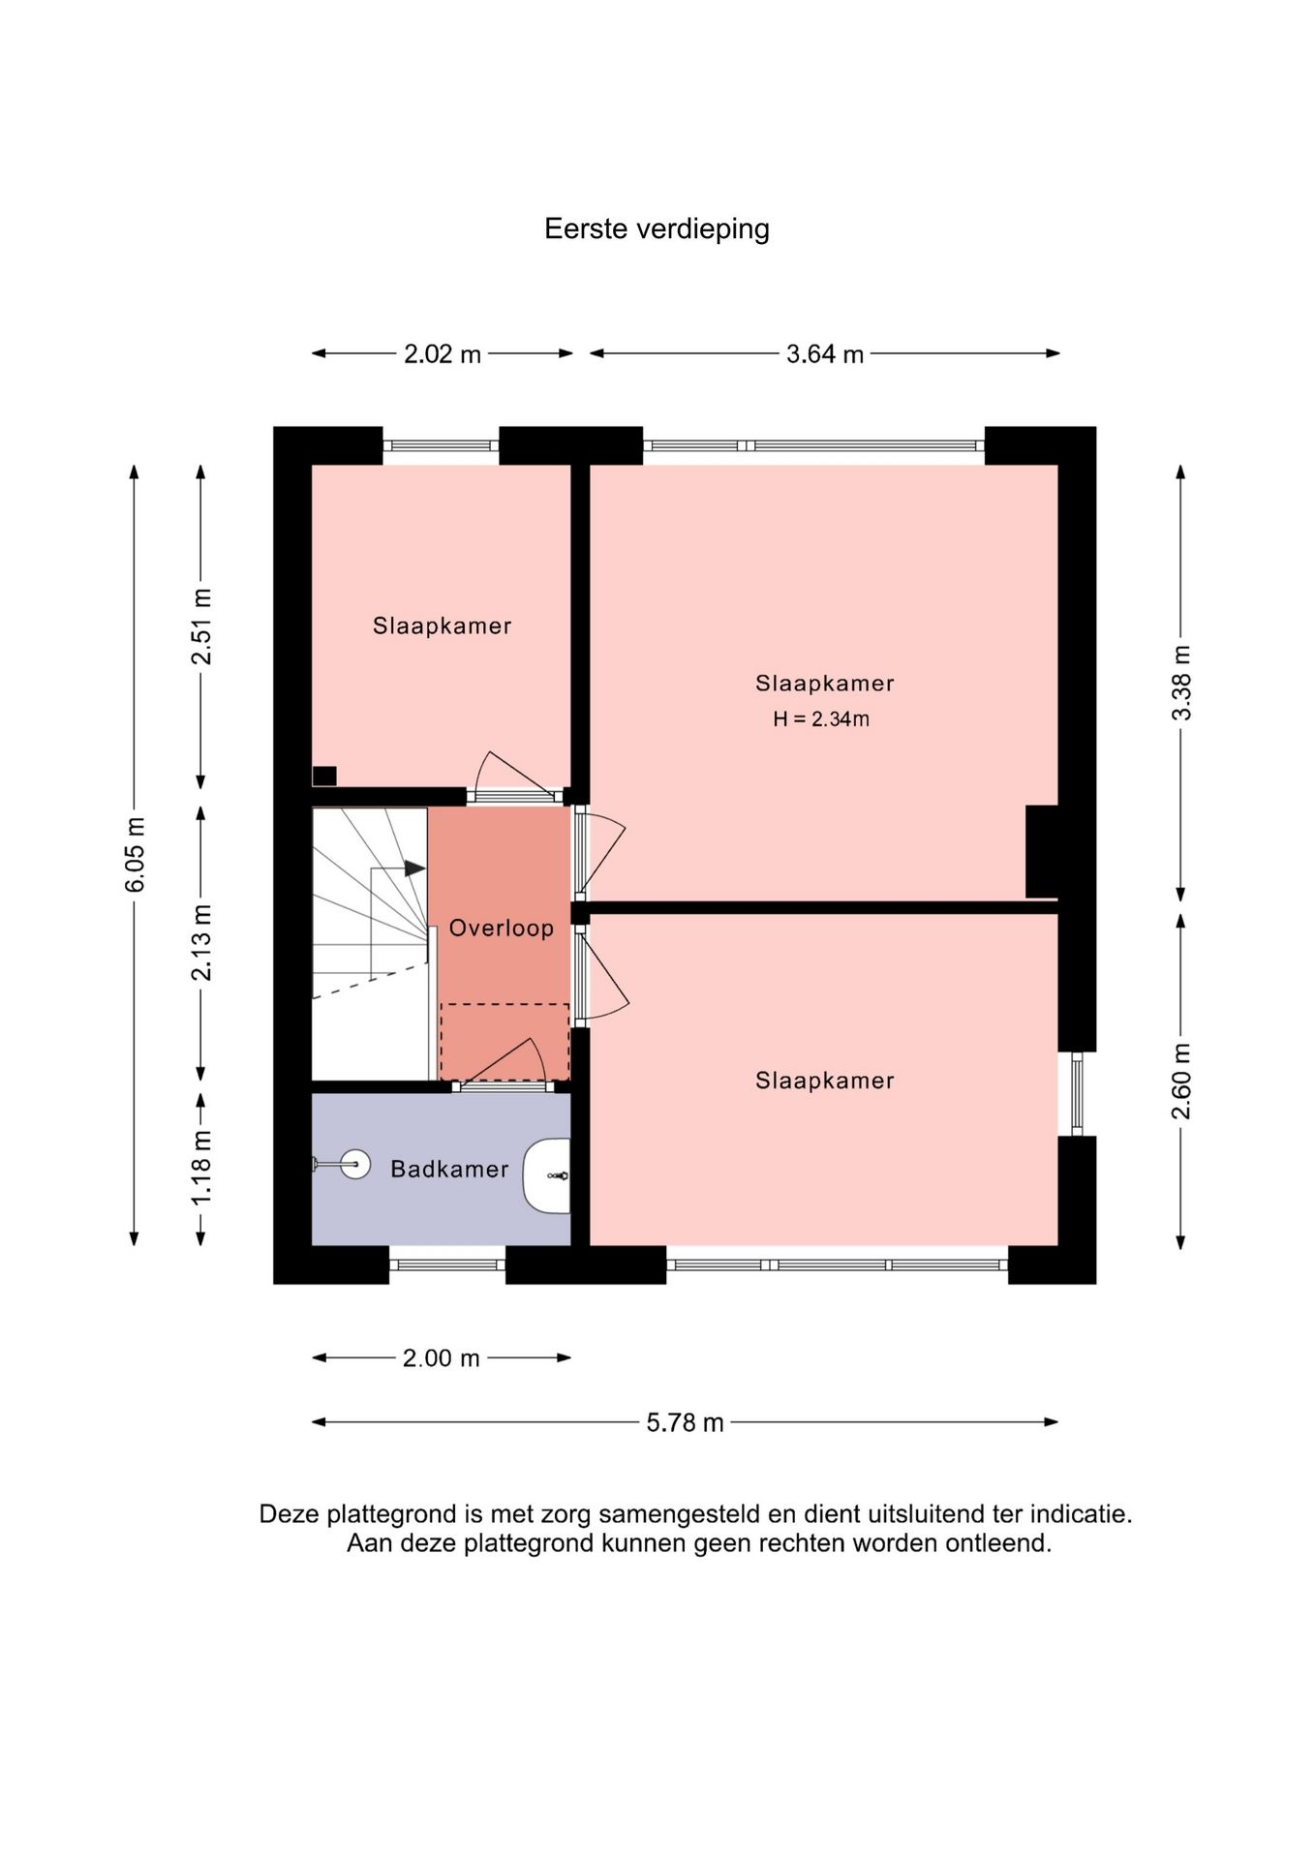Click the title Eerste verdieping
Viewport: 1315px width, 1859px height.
657,229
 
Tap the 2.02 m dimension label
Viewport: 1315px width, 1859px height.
443,354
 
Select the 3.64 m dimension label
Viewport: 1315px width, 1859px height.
825,354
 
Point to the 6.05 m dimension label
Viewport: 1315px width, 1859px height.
136,854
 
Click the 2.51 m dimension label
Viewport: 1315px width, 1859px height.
202,626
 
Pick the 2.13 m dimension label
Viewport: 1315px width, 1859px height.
202,942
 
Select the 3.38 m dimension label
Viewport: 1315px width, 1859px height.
1182,683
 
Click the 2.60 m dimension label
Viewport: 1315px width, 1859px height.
1182,1081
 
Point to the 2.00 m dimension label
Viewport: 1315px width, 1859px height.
442,1358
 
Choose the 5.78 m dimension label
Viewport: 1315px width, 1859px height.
686,1422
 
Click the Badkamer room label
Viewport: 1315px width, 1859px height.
449,1169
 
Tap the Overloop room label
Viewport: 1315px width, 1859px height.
502,928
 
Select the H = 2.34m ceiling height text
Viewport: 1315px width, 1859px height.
821,719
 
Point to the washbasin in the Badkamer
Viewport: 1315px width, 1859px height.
547,1175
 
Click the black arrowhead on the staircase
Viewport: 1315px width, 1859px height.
415,869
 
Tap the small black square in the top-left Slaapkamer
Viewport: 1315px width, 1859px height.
324,776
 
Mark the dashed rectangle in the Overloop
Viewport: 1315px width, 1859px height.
505,1042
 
